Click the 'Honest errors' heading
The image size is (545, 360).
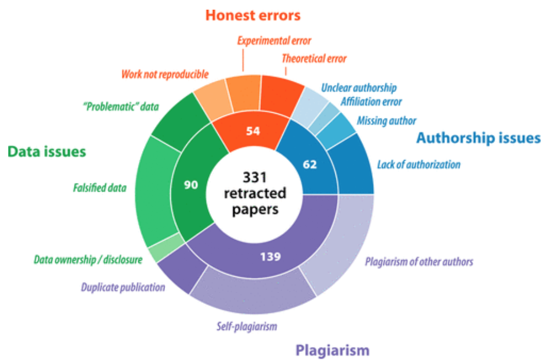253,15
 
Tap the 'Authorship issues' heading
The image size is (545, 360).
478,138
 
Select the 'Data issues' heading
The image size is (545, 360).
46,152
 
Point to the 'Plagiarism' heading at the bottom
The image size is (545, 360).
332,350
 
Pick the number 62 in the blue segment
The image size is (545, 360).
310,164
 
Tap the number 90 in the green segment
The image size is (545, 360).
192,185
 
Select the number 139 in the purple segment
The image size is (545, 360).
270,256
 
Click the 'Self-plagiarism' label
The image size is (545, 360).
246,326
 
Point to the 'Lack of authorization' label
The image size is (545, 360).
419,165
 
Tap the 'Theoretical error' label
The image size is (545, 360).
314,59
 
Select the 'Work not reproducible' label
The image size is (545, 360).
165,75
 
